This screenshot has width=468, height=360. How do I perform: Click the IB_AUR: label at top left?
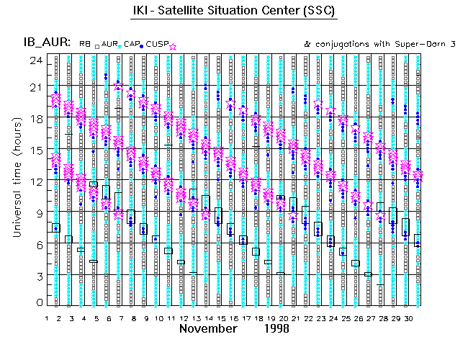coord(45,43)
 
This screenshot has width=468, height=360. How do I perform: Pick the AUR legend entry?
coord(109,44)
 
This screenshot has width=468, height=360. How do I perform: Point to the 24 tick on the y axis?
coord(34,60)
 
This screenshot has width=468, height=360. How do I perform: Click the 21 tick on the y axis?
coord(34,88)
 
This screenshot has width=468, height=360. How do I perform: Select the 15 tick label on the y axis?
coord(34,150)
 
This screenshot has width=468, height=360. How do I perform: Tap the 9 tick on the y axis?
coord(36,213)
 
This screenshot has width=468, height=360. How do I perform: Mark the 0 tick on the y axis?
coord(36,304)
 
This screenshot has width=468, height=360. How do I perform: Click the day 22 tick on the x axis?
coord(310,318)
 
